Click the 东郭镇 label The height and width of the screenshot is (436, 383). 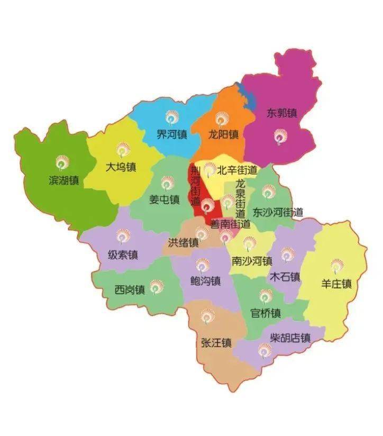(x=281, y=113)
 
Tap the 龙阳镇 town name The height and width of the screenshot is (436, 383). (x=223, y=134)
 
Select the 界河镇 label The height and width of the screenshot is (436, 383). (x=172, y=134)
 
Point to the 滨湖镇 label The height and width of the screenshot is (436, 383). (x=63, y=180)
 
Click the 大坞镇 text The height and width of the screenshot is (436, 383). (x=121, y=167)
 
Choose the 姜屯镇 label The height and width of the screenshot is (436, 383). (x=165, y=200)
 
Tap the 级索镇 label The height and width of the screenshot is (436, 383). (x=123, y=255)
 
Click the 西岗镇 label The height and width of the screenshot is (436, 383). (x=130, y=290)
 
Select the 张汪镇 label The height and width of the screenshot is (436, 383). (x=216, y=343)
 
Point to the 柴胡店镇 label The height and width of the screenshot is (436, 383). (x=290, y=338)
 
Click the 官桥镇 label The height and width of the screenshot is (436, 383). (x=265, y=313)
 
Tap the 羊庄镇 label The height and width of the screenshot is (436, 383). (x=336, y=284)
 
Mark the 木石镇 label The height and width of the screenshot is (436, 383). (x=285, y=277)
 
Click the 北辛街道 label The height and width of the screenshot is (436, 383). (x=237, y=171)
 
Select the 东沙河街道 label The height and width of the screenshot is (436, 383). (x=278, y=213)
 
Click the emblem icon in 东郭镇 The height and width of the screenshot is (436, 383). (x=279, y=137)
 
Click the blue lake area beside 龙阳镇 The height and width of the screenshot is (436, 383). (x=245, y=98)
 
